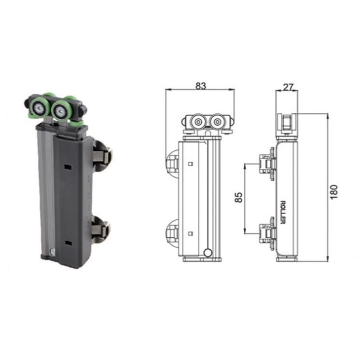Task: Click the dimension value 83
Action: (200, 86)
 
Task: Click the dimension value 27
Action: (288, 87)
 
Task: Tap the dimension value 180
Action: (334, 191)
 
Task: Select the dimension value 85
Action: (238, 197)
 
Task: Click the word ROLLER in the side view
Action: (283, 212)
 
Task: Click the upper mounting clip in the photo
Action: (101, 155)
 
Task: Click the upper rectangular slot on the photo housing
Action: (68, 167)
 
